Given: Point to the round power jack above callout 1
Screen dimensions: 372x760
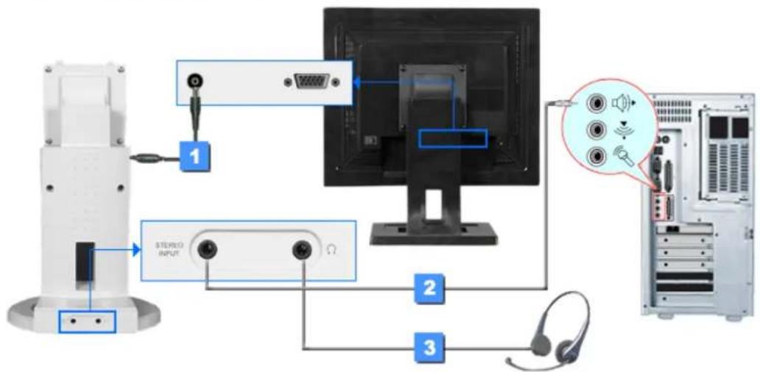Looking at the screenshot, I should click(196, 82).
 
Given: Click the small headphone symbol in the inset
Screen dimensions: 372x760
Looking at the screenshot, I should click(332, 251).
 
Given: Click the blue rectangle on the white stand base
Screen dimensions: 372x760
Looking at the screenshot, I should click(87, 321).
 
